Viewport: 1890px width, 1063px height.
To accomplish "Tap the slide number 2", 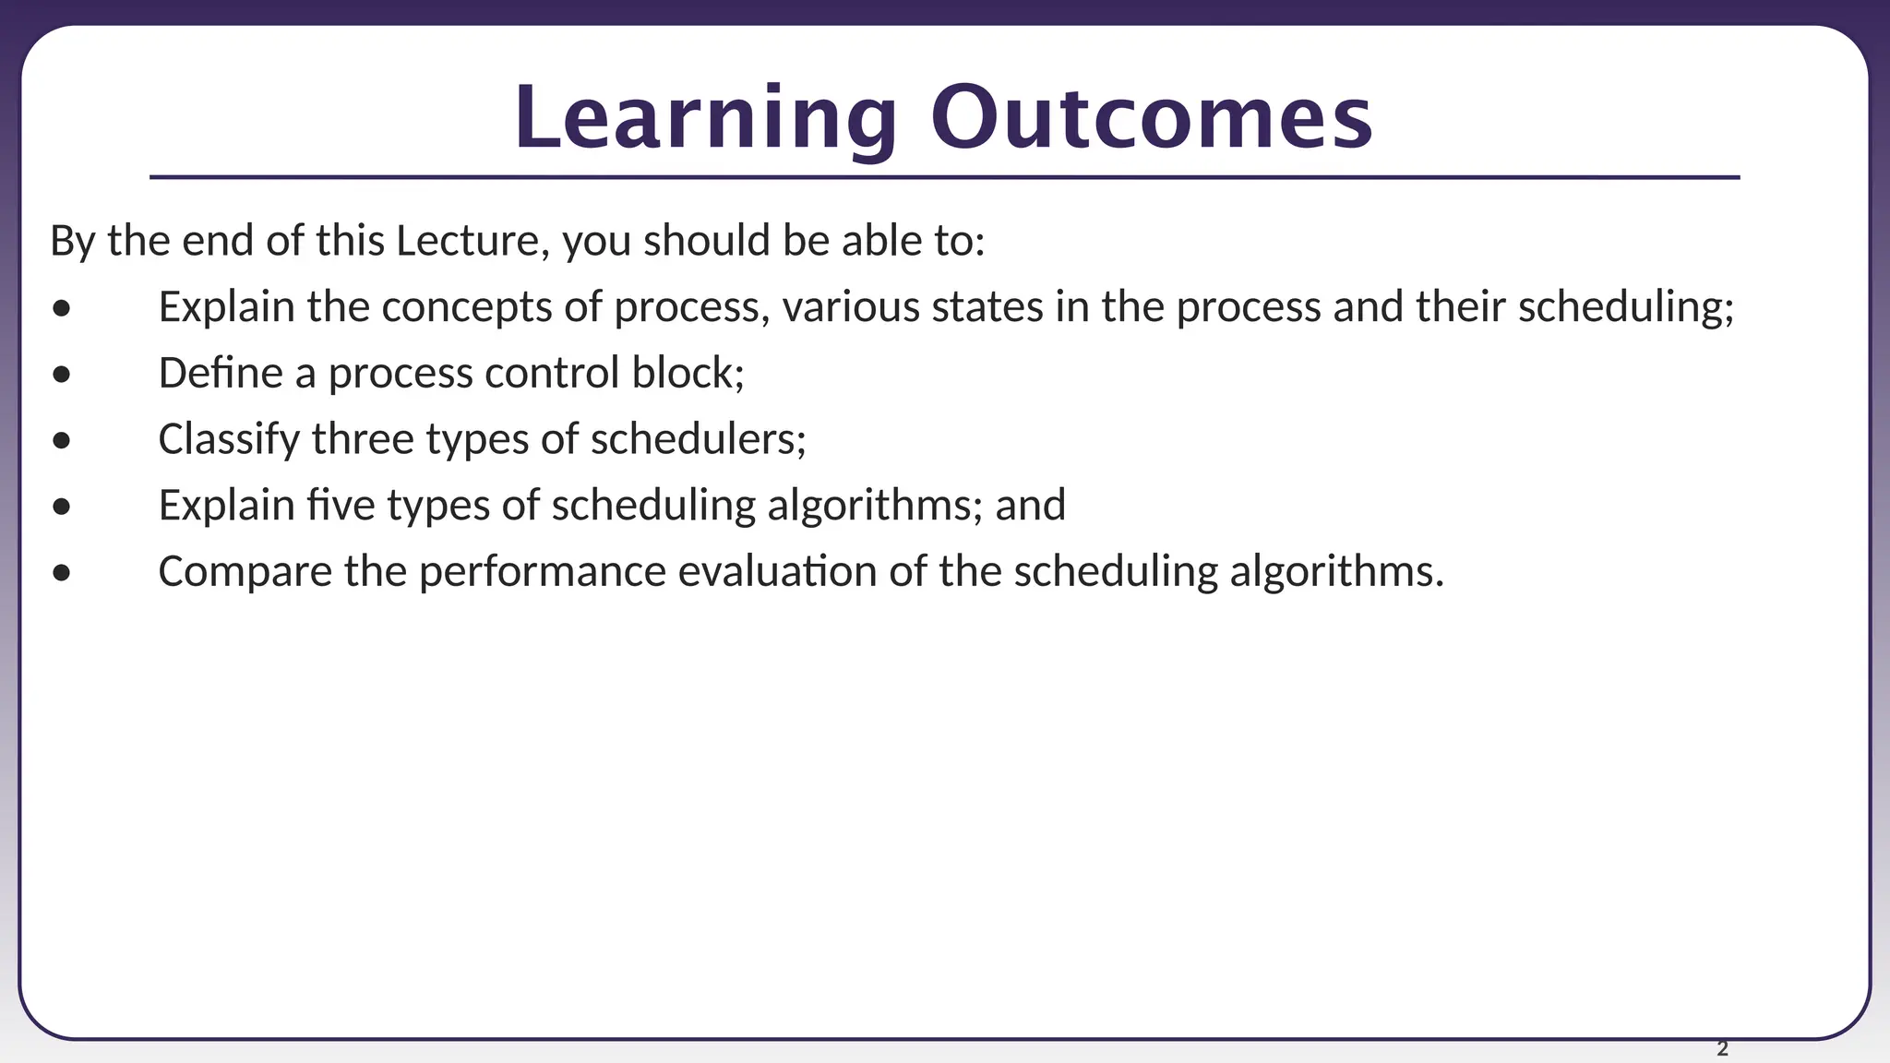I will [x=1722, y=1048].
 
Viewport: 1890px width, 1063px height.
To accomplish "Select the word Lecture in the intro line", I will [x=466, y=241].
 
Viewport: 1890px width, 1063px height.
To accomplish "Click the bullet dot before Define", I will [x=62, y=375].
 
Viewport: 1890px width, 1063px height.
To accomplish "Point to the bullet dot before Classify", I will [x=62, y=441].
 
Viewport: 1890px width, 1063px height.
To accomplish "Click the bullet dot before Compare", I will [x=62, y=573].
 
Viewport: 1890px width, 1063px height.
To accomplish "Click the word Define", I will [x=221, y=373].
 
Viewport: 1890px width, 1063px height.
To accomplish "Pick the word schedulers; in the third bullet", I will [x=698, y=439].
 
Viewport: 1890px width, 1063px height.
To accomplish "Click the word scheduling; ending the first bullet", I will [x=1626, y=307].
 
